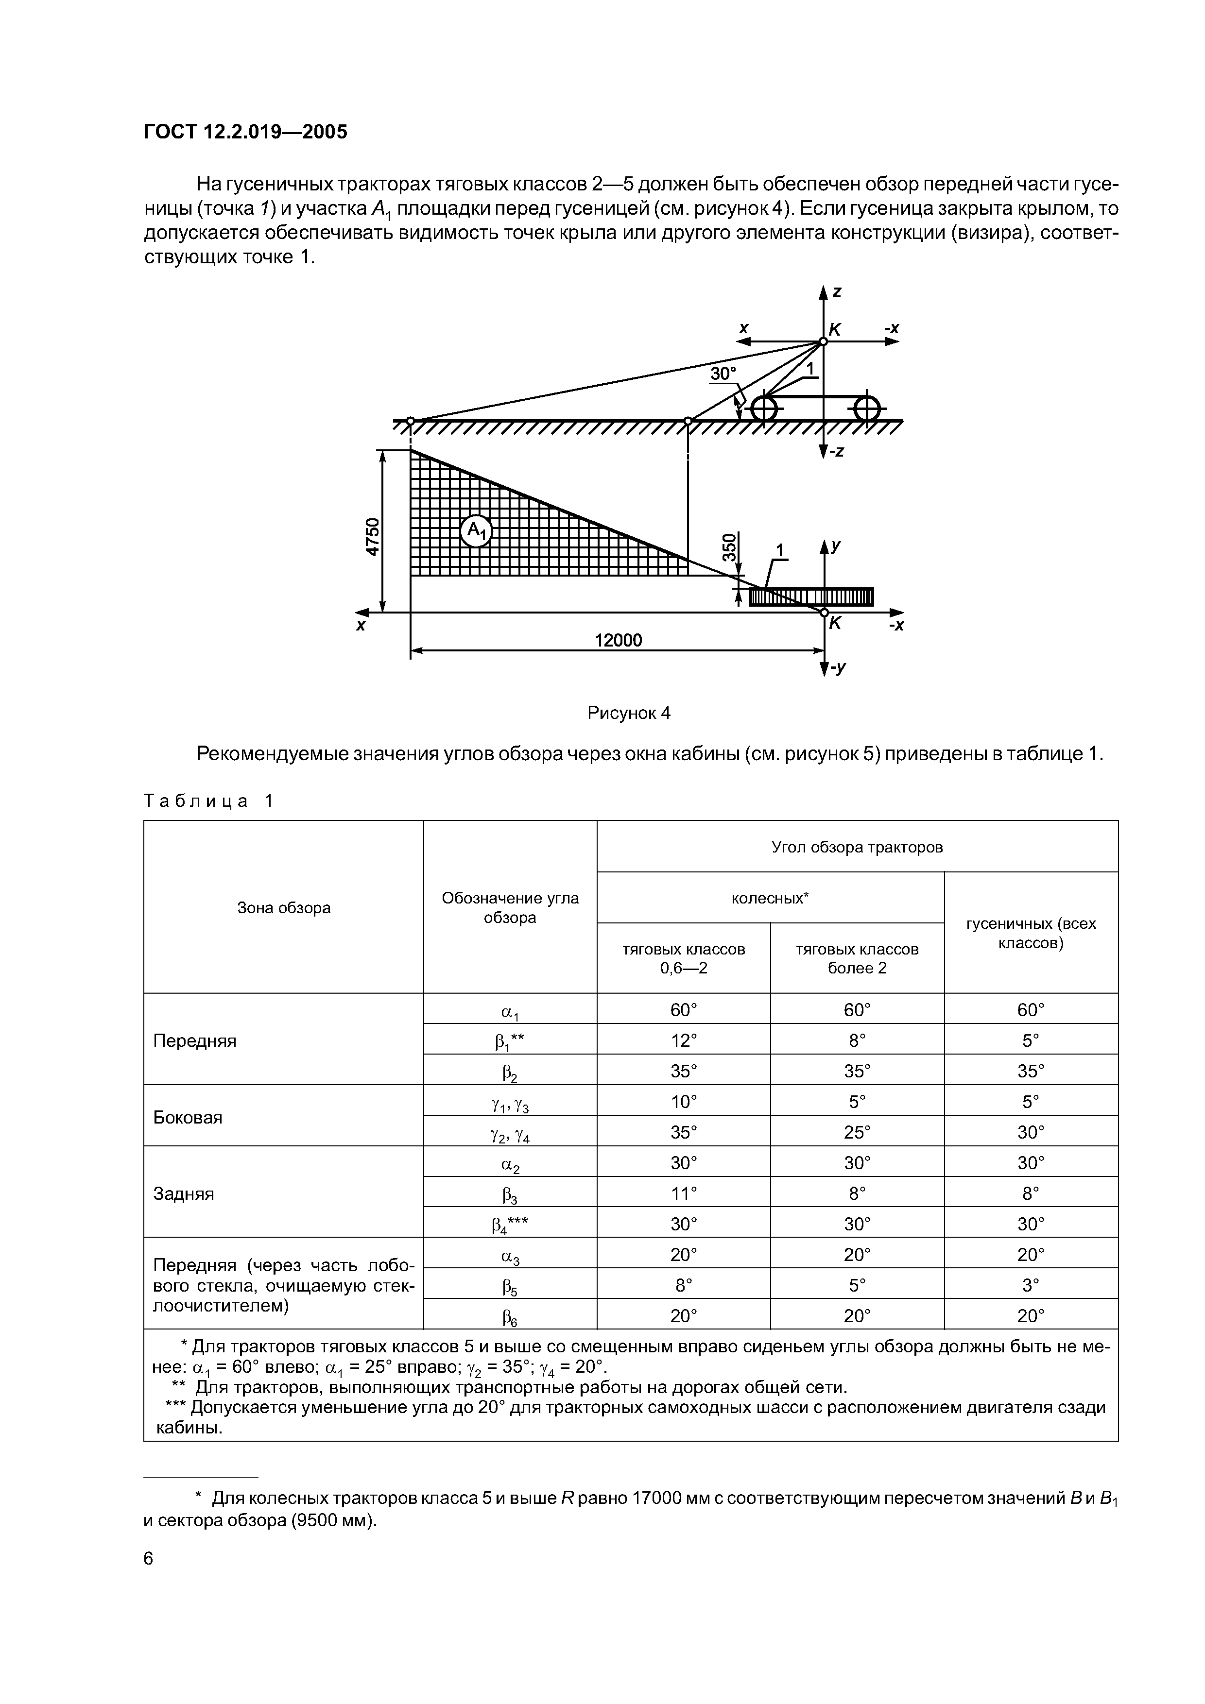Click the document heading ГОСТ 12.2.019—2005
pos(245,132)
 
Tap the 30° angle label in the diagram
pos(723,374)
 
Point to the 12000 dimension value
pos(619,640)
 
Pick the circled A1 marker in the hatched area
pos(476,530)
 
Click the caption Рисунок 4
pos(629,713)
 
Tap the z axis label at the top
pos(837,291)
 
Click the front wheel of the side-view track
pos(764,408)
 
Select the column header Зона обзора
pos(284,908)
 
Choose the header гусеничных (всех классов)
pos(1031,933)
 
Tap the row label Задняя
pos(183,1193)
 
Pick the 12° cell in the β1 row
pos(683,1040)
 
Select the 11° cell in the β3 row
pos(683,1193)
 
